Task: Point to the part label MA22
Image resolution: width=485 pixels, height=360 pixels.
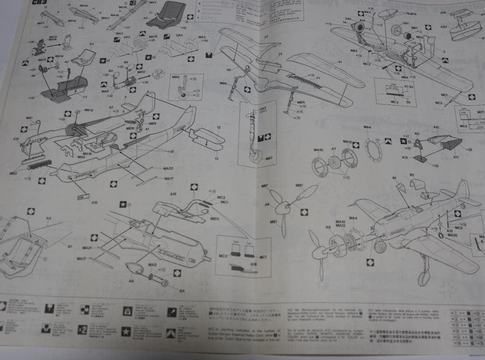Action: coord(168,169)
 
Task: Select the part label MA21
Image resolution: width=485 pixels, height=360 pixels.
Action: coord(87,248)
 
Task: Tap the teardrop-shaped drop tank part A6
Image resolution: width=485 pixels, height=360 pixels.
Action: coord(134,268)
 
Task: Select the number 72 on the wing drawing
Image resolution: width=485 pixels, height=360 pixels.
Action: coord(279,54)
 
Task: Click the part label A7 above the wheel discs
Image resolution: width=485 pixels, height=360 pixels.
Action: coord(334,149)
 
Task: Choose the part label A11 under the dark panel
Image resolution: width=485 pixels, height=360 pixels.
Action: coord(455,158)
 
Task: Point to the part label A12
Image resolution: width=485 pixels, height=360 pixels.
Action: coord(405,158)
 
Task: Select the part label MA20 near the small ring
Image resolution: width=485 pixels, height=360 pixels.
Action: coord(452,235)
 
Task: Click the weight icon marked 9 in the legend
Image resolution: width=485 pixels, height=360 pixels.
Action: coord(128,310)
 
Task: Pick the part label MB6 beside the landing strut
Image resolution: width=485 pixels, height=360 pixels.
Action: coord(223,83)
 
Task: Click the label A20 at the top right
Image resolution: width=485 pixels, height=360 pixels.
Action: coord(443,27)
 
